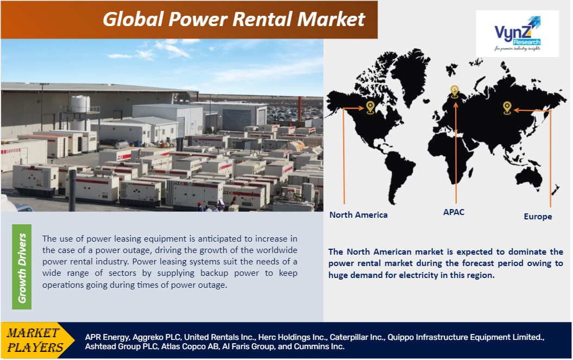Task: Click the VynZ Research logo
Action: point(517,33)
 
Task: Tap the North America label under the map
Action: point(358,214)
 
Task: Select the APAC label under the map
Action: point(454,212)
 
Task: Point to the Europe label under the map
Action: point(538,216)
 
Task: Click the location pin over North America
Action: point(370,106)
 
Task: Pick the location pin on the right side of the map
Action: point(507,107)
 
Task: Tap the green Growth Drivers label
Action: point(22,267)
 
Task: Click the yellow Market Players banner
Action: point(33,340)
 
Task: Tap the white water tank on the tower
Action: point(80,103)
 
